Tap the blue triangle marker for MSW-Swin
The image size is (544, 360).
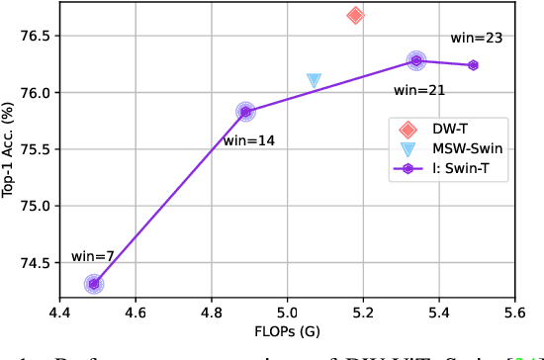tap(314, 81)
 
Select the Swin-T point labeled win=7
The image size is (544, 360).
tap(94, 284)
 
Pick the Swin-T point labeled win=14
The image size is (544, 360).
tap(245, 112)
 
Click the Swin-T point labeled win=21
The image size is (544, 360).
tap(416, 60)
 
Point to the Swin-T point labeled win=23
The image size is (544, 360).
tap(473, 65)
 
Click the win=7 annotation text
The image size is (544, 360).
tap(93, 257)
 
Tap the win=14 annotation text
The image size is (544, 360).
tap(248, 140)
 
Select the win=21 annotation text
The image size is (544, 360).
tap(419, 90)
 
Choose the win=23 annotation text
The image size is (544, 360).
tap(477, 39)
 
